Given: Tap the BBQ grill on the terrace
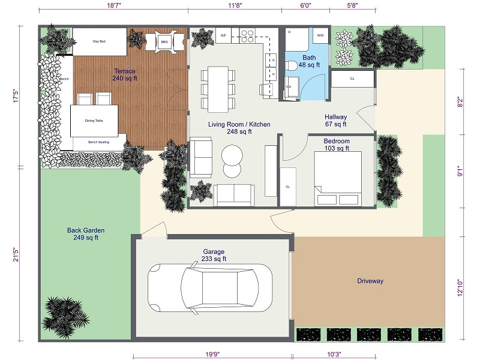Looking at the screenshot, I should pos(164,41).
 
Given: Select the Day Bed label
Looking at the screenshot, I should pos(100,42).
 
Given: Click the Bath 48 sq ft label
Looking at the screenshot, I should pos(310,61).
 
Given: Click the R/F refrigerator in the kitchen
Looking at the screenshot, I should pos(223,36).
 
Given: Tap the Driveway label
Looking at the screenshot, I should pos(370,281).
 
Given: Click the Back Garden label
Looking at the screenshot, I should pos(86,233).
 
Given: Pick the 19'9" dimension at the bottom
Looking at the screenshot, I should pos(212,354).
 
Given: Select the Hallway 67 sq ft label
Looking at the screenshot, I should pos(336,121).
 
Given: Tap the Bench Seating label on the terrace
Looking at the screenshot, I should pos(98,142).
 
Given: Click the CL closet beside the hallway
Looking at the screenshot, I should pos(352,79).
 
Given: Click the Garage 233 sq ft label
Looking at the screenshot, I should pos(214,255).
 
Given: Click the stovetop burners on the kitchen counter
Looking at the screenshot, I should pos(247,36).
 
